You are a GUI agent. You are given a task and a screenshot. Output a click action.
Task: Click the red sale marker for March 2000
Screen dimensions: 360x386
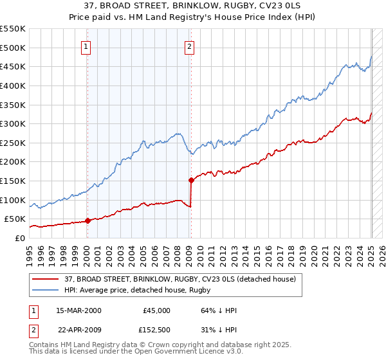coord(87,221)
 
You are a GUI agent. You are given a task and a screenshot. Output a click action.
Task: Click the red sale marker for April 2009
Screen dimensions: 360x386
coord(191,180)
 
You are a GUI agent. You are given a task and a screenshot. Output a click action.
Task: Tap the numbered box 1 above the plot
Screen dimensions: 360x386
coord(86,46)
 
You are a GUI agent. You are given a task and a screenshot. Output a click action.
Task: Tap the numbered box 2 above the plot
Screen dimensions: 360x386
coord(190,46)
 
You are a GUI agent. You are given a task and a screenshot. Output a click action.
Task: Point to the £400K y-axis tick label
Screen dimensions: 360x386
coord(13,85)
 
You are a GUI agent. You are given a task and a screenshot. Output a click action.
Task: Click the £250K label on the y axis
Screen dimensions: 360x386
coord(13,143)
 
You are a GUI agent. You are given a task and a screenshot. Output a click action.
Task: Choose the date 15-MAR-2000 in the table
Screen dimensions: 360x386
coord(78,310)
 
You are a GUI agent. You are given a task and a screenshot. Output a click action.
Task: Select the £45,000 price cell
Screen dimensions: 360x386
coord(156,310)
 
